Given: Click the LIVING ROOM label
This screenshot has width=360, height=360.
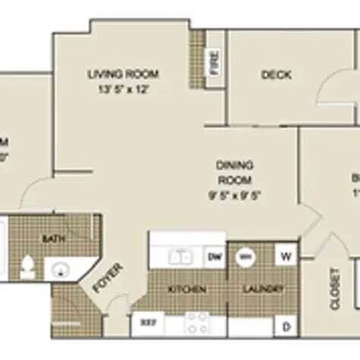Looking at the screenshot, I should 123,74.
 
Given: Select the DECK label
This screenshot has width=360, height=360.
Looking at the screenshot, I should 277,74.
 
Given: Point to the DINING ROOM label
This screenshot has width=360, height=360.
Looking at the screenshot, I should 235,172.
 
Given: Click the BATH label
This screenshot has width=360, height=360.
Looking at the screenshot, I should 53,239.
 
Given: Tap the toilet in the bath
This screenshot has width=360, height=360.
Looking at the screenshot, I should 28,267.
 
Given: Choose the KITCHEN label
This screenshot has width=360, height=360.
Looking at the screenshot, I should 183,290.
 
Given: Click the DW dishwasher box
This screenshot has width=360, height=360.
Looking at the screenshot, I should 214,257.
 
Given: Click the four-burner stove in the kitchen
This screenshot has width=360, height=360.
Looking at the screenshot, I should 197,324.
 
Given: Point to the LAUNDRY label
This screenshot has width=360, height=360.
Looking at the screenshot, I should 263,290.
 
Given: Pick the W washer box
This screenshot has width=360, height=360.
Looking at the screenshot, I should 287,255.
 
